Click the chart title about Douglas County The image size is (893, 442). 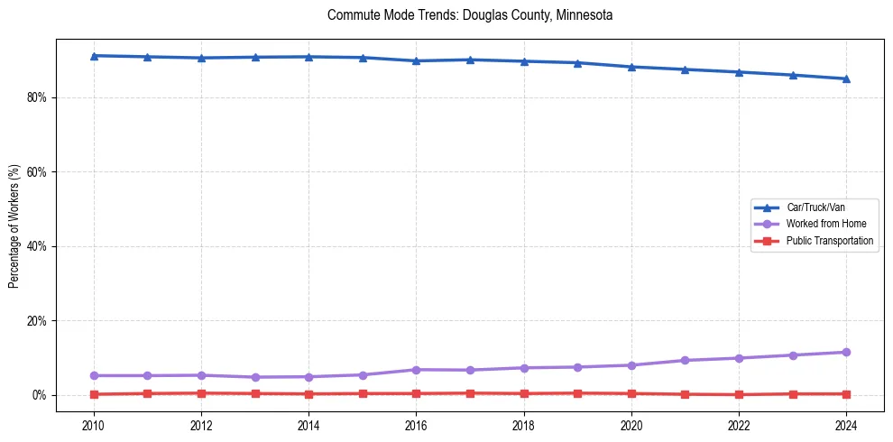pos(470,15)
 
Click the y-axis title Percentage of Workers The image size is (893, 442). pos(14,226)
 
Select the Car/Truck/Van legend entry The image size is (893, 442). pos(815,207)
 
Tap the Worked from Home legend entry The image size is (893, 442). pos(821,224)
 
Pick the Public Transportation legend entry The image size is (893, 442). pos(829,241)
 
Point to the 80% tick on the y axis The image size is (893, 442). pos(39,97)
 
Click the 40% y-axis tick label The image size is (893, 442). pos(39,246)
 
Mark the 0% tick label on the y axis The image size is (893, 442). pos(41,395)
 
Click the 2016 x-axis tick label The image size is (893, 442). pos(416,424)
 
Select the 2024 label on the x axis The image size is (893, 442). pos(846,424)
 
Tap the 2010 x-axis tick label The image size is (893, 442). pos(94,424)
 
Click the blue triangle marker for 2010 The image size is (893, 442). pos(94,56)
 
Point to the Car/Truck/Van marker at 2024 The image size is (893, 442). pos(846,78)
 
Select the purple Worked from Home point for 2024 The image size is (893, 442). pos(846,352)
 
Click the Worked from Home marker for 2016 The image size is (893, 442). pos(416,370)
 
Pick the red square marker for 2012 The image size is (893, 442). pos(201,393)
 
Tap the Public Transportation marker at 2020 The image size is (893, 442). pos(631,393)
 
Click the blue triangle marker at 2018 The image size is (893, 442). pos(524,61)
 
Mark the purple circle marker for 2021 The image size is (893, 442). pos(685,360)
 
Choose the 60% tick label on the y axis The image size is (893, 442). pos(39,171)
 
